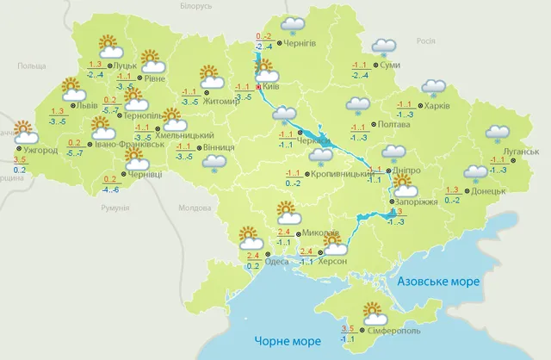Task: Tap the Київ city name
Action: coord(273,87)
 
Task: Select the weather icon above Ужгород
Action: coord(22,132)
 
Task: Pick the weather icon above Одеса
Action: coord(250,236)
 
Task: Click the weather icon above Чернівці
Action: coord(136,157)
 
